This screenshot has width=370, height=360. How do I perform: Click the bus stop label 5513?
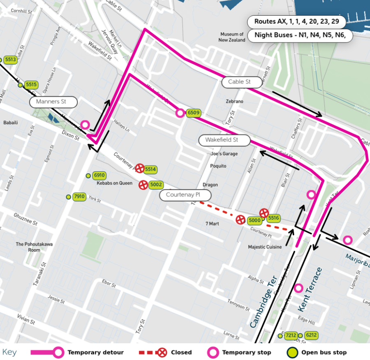point(10,60)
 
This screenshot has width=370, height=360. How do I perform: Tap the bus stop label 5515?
point(31,85)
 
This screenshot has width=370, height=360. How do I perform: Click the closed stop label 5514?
point(150,169)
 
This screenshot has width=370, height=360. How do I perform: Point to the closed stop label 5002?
point(156,185)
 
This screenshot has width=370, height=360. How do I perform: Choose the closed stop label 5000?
point(254,221)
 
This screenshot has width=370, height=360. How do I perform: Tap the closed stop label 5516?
point(273,218)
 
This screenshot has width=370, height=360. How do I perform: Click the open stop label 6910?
point(99,175)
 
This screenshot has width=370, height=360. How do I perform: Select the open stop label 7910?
point(79,197)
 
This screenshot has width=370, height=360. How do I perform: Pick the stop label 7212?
point(291,335)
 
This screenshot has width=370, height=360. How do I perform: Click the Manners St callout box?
point(53,102)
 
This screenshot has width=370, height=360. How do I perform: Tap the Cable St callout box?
point(239,82)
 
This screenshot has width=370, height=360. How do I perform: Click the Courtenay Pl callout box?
point(185,195)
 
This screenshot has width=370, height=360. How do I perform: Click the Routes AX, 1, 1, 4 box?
point(296,21)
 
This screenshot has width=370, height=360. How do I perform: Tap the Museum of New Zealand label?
point(232,37)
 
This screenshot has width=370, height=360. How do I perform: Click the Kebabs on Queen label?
point(114,183)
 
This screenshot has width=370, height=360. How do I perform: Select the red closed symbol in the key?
point(163,352)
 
